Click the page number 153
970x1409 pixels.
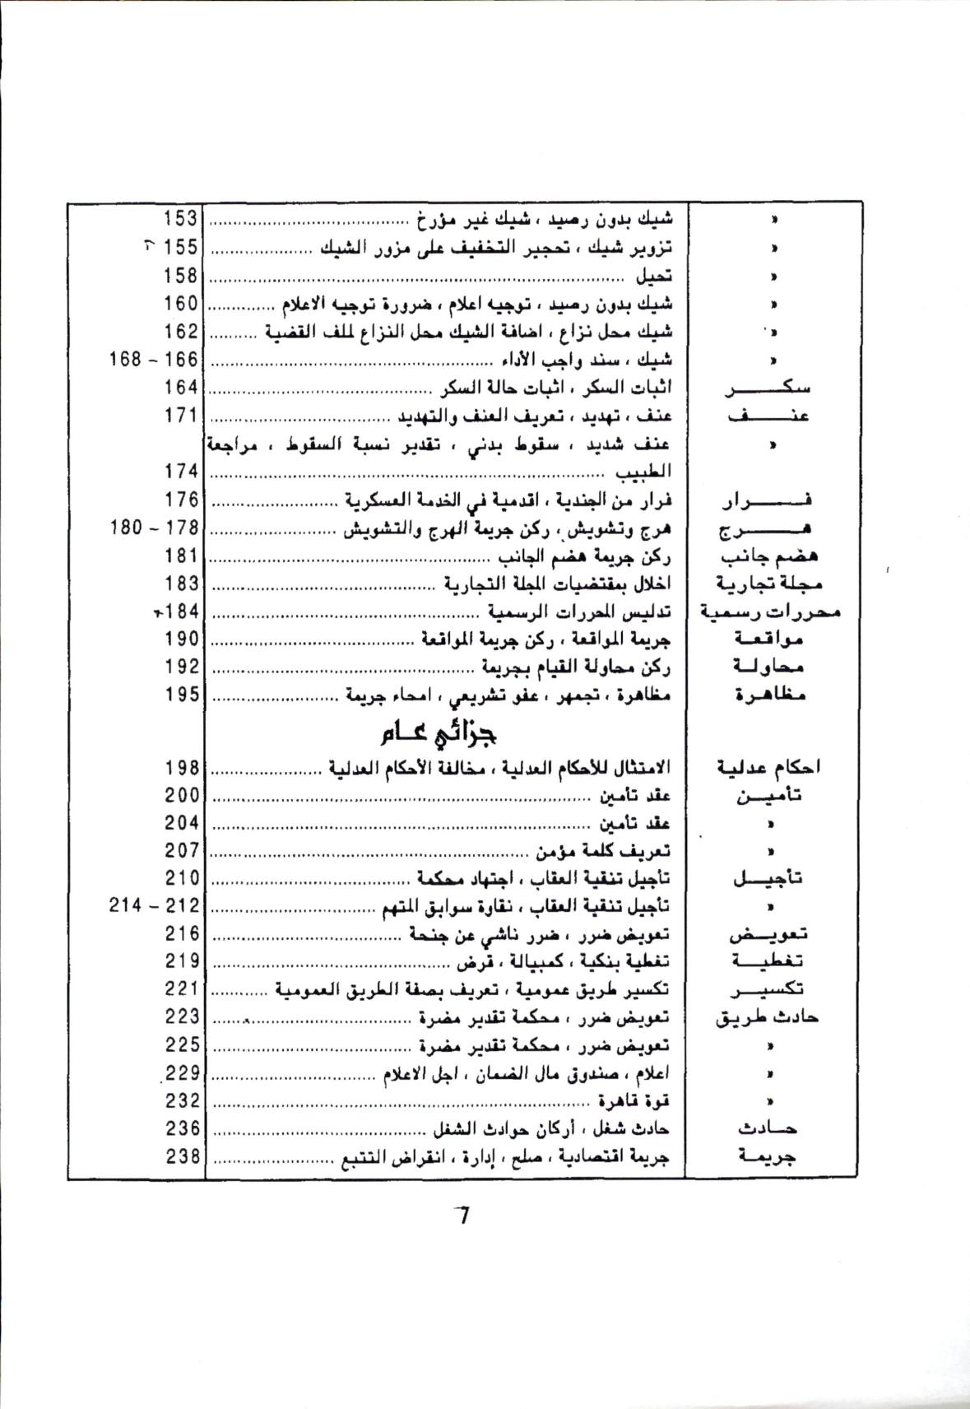(181, 219)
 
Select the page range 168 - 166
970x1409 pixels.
(154, 360)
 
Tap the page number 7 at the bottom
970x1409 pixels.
(462, 1215)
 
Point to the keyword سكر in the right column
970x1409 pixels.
(767, 388)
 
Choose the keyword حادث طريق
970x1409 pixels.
(767, 1018)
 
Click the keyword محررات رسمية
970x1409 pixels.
(769, 611)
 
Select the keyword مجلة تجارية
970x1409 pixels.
(768, 584)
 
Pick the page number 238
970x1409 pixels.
(181, 1156)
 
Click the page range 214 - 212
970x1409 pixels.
(154, 906)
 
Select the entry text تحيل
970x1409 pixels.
(655, 276)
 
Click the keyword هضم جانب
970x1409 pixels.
(768, 556)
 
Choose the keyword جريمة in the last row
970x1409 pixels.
(768, 1156)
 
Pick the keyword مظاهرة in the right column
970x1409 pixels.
(770, 695)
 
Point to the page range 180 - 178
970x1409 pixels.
(154, 528)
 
